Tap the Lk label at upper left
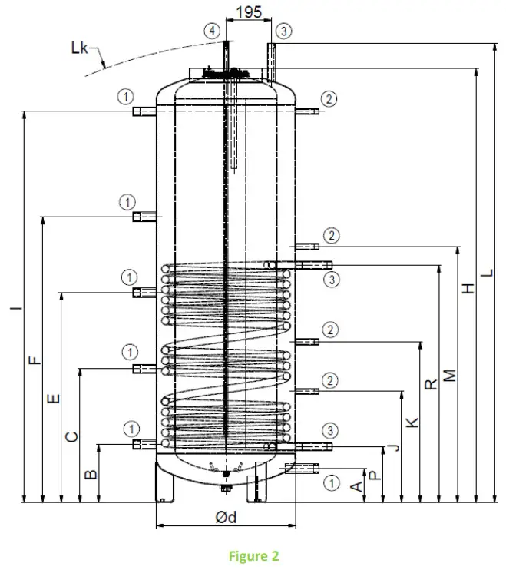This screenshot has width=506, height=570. click(x=80, y=48)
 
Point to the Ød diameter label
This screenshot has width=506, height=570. click(x=226, y=517)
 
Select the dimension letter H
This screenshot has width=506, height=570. click(x=469, y=288)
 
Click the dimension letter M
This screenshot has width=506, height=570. click(x=451, y=374)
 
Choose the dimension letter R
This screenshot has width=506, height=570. click(x=432, y=383)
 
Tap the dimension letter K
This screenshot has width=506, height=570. click(x=412, y=422)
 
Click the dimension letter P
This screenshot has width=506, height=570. click(x=375, y=475)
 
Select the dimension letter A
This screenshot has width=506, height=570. click(x=356, y=486)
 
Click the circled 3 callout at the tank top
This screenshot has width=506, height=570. click(x=285, y=31)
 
